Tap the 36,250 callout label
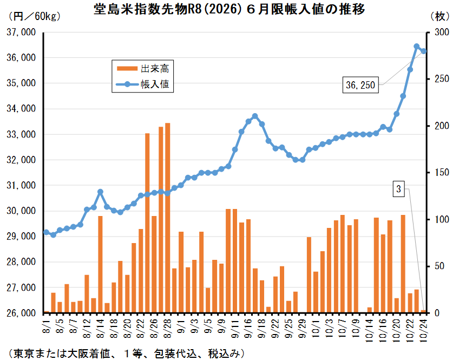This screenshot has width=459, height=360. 360,84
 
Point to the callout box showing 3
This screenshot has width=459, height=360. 398,189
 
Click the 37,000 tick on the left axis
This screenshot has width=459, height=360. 21,32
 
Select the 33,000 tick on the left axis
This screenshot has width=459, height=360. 21,135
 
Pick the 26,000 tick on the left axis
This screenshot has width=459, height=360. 21,313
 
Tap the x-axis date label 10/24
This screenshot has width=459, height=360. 423,328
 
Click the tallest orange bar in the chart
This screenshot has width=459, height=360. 167,217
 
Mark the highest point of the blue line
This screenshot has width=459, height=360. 417,47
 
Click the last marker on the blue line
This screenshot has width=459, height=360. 423,51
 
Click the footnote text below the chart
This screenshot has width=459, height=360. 124,352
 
